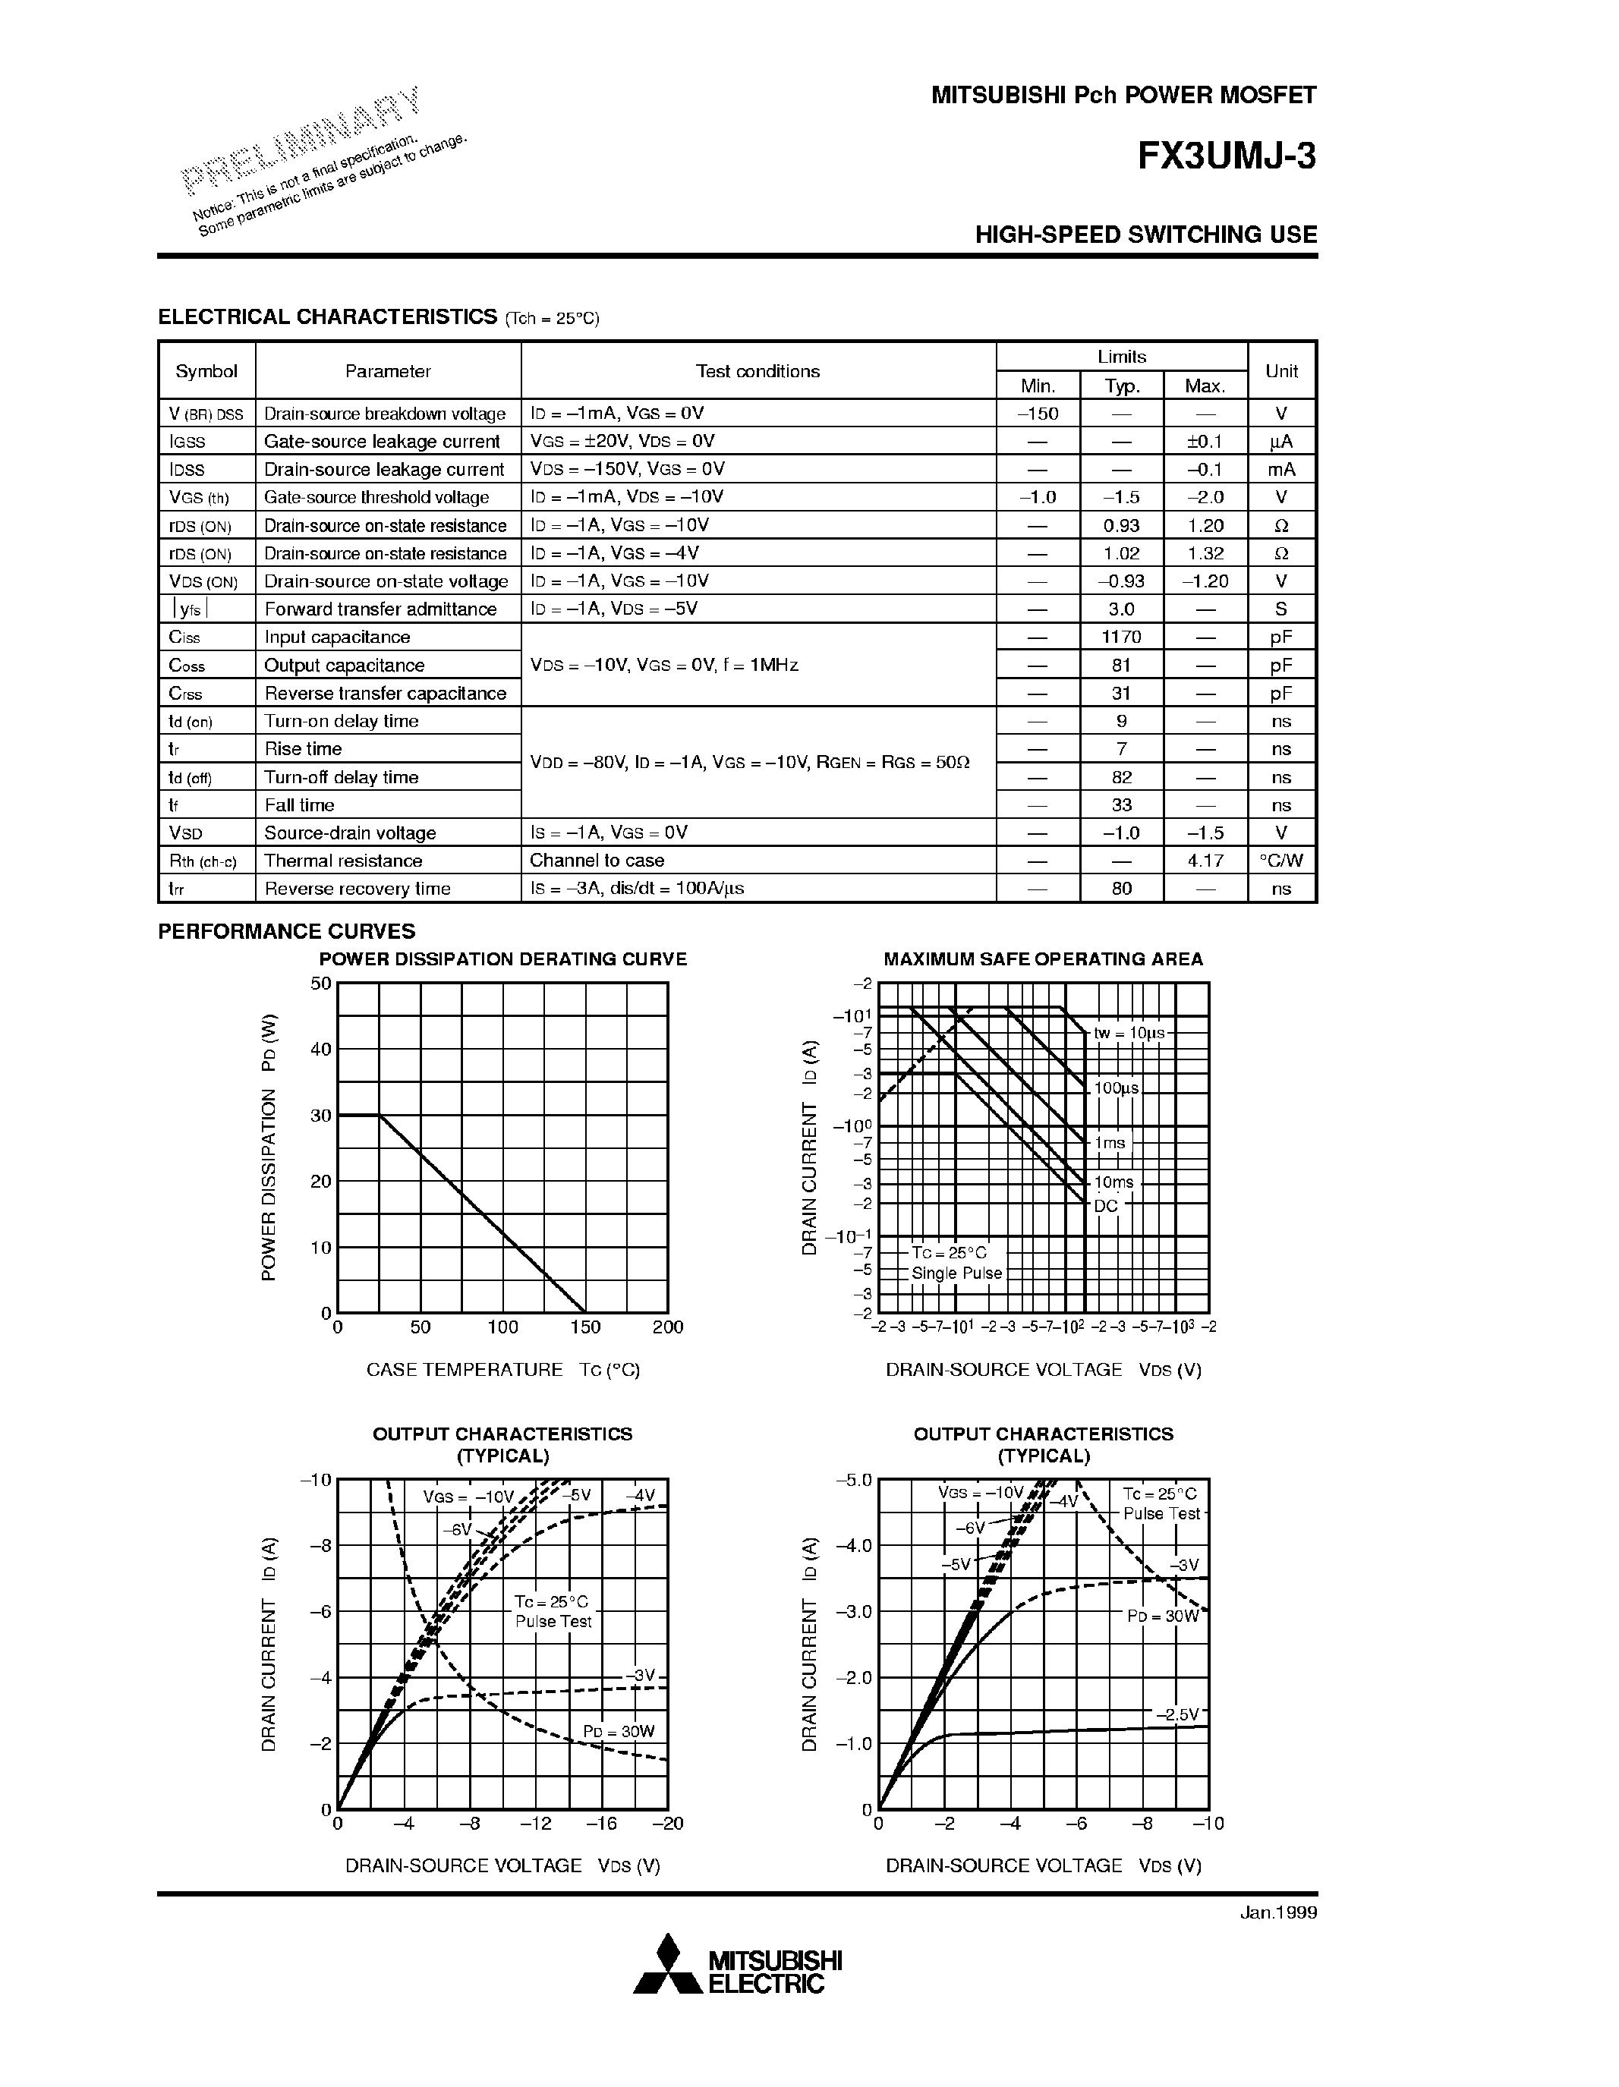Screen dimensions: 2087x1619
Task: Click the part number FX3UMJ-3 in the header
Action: point(1226,156)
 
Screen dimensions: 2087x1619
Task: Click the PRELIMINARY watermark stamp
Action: point(302,140)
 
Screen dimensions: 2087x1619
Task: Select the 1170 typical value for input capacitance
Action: point(1121,637)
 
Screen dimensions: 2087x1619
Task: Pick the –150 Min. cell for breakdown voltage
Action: point(1037,414)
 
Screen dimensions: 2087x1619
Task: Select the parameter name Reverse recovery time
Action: point(357,889)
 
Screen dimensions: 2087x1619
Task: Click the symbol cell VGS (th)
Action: point(199,498)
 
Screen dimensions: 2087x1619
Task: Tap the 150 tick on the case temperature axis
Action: point(585,1327)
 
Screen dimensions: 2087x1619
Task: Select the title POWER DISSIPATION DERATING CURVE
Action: point(502,959)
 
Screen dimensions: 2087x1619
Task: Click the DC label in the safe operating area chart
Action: point(1106,1206)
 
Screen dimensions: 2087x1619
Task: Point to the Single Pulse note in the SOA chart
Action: point(956,1273)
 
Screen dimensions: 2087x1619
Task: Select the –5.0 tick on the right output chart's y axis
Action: point(853,1480)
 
